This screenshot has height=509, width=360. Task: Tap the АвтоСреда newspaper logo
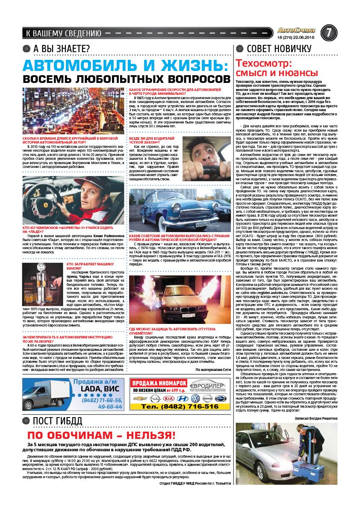tap(296, 30)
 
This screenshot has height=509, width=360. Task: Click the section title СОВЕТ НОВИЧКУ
tap(279, 48)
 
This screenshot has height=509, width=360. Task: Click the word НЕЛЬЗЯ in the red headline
tap(145, 435)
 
